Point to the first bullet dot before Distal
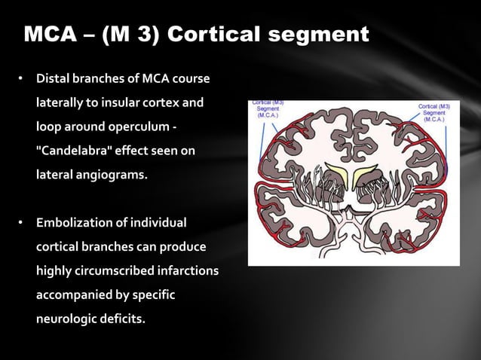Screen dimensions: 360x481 click(x=22, y=79)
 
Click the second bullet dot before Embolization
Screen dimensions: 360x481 click(x=22, y=224)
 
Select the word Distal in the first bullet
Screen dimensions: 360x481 click(x=54, y=79)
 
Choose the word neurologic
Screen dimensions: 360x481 click(x=69, y=318)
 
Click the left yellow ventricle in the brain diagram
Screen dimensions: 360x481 click(x=337, y=175)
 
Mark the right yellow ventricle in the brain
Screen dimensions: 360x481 click(x=369, y=175)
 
